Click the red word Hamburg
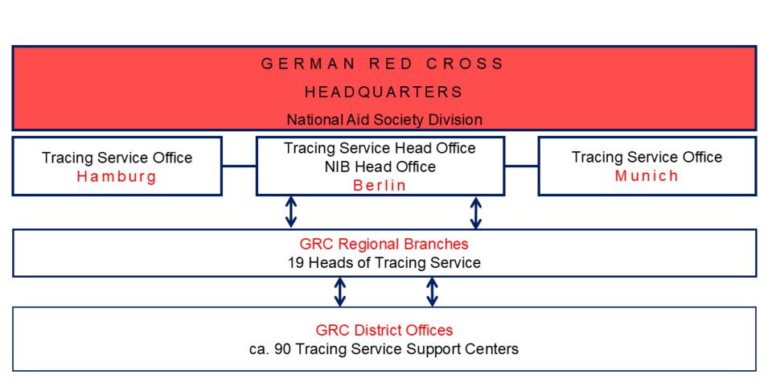pos(117,177)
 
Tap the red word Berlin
pos(380,186)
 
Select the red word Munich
pos(647,176)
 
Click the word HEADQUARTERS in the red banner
pos(384,92)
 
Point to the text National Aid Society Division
pos(384,120)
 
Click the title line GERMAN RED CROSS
pos(384,64)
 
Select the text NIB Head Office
pos(380,167)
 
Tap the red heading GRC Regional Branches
pos(384,244)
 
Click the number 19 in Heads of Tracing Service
pos(296,263)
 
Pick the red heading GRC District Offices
pos(384,330)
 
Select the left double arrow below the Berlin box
pos(291,212)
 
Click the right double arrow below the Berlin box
pos(476,212)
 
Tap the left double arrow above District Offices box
pos(340,292)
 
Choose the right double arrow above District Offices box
pos(432,292)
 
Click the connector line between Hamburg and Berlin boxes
pos(239,167)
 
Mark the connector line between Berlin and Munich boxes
pos(521,167)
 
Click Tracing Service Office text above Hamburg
pos(117,158)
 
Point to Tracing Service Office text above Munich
pos(647,157)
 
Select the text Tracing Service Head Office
pos(380,148)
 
